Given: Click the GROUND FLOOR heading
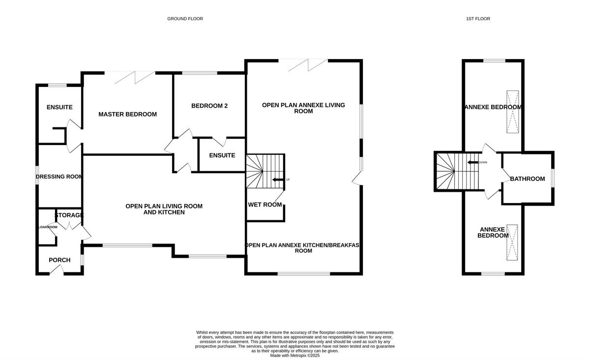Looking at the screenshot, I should (x=185, y=19).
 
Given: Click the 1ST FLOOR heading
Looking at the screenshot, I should (x=478, y=19).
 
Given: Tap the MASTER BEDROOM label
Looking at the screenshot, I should (x=127, y=114).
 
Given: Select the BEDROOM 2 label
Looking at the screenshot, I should (x=209, y=106).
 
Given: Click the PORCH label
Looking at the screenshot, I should (x=59, y=260).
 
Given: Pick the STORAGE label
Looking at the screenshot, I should (x=69, y=215).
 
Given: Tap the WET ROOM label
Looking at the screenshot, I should (x=265, y=205).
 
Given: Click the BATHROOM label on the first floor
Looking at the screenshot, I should (x=527, y=179).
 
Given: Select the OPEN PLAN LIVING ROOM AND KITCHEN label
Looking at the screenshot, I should (x=164, y=209).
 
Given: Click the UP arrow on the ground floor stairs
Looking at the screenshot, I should (x=278, y=180).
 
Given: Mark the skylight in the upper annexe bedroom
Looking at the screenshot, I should (x=512, y=112).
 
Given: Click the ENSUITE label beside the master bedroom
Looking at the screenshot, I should (x=59, y=107).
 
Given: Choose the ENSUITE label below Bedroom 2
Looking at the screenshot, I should (x=222, y=155).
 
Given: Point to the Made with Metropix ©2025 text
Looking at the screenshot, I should (x=295, y=355).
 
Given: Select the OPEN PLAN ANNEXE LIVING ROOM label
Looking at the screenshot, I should (x=303, y=108).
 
